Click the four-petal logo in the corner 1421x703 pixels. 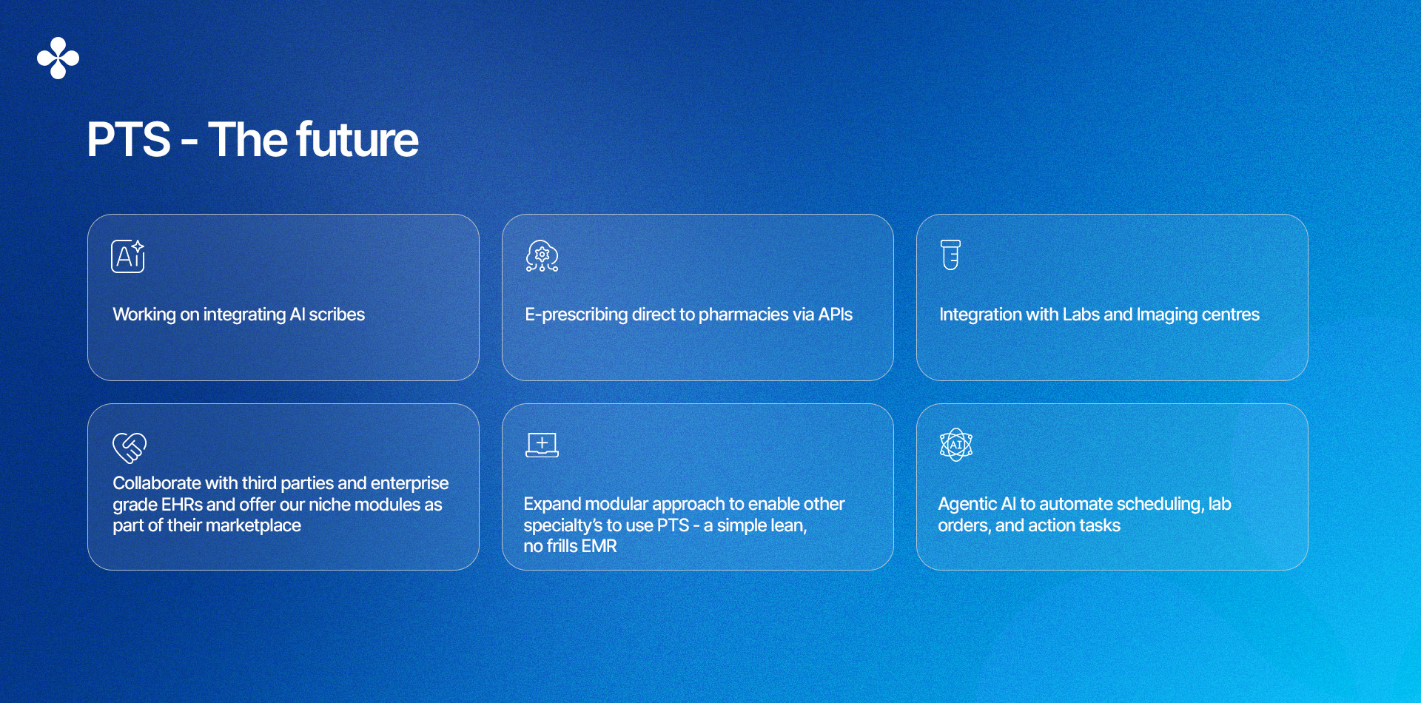[x=58, y=58]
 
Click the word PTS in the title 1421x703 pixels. [x=129, y=139]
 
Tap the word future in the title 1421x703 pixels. [x=357, y=139]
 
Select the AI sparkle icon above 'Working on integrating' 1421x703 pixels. [x=128, y=256]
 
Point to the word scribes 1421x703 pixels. [x=337, y=314]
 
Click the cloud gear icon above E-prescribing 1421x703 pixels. [x=542, y=256]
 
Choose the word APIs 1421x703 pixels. [x=836, y=314]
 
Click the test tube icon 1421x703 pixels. [x=951, y=255]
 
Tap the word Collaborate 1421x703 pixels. [x=156, y=483]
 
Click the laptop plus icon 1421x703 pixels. [x=542, y=445]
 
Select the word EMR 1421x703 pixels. [x=599, y=546]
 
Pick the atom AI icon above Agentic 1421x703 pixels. [x=956, y=445]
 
